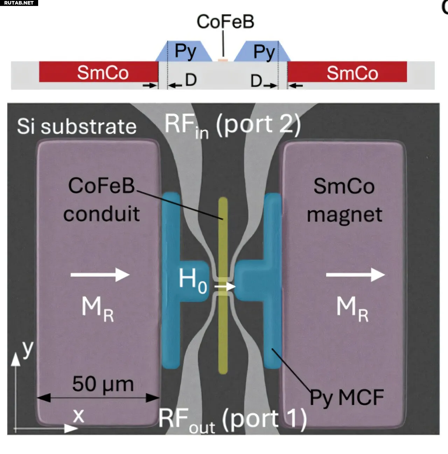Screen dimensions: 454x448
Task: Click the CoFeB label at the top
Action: click(225, 22)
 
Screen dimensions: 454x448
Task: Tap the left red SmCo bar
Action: click(98, 72)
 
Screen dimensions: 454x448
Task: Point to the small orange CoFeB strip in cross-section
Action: click(223, 60)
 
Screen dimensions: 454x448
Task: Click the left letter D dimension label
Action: click(191, 80)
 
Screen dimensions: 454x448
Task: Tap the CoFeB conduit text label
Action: click(101, 200)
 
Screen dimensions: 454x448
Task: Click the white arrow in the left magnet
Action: click(100, 275)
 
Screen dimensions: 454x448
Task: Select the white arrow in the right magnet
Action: click(355, 275)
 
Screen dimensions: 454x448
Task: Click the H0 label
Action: click(192, 280)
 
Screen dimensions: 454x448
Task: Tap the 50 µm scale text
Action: click(103, 384)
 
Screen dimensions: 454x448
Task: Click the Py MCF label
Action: click(347, 398)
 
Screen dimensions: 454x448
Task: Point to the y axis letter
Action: click(28, 349)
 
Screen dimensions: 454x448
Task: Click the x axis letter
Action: click(79, 415)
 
